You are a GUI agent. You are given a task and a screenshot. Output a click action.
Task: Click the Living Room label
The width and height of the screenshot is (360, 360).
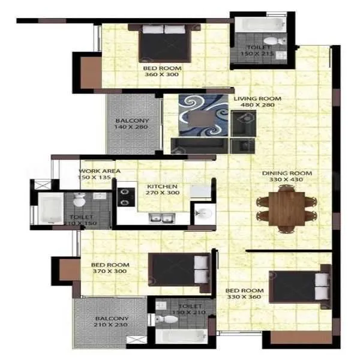click(257, 98)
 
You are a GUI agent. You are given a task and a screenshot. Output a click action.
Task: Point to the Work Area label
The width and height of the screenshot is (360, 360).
click(99, 171)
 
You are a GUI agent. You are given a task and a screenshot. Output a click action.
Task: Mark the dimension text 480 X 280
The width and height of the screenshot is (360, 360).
click(257, 106)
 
